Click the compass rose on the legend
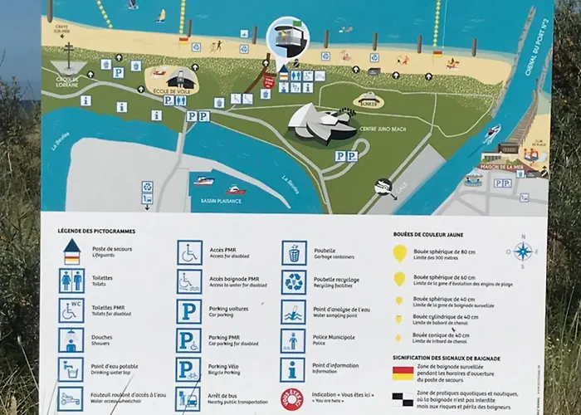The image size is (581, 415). tap(522, 251)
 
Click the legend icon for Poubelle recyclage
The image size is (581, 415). tap(294, 282)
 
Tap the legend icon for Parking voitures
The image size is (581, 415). tap(189, 311)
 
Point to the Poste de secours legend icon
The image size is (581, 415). tap(71, 251)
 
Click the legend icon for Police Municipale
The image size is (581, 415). tap(294, 340)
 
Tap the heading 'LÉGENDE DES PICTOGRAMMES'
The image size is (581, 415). tap(98, 230)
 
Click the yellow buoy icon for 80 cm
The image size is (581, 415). tap(399, 253)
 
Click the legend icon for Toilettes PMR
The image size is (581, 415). tap(71, 310)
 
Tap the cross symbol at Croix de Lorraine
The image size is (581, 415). tap(68, 55)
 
